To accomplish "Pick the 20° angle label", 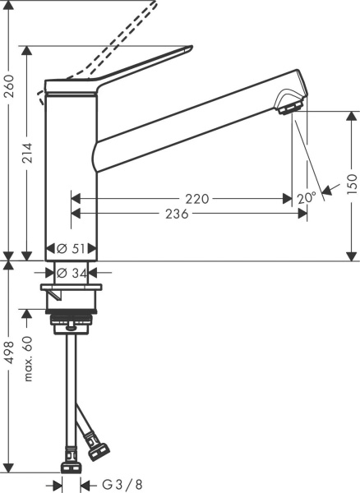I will [306, 198].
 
